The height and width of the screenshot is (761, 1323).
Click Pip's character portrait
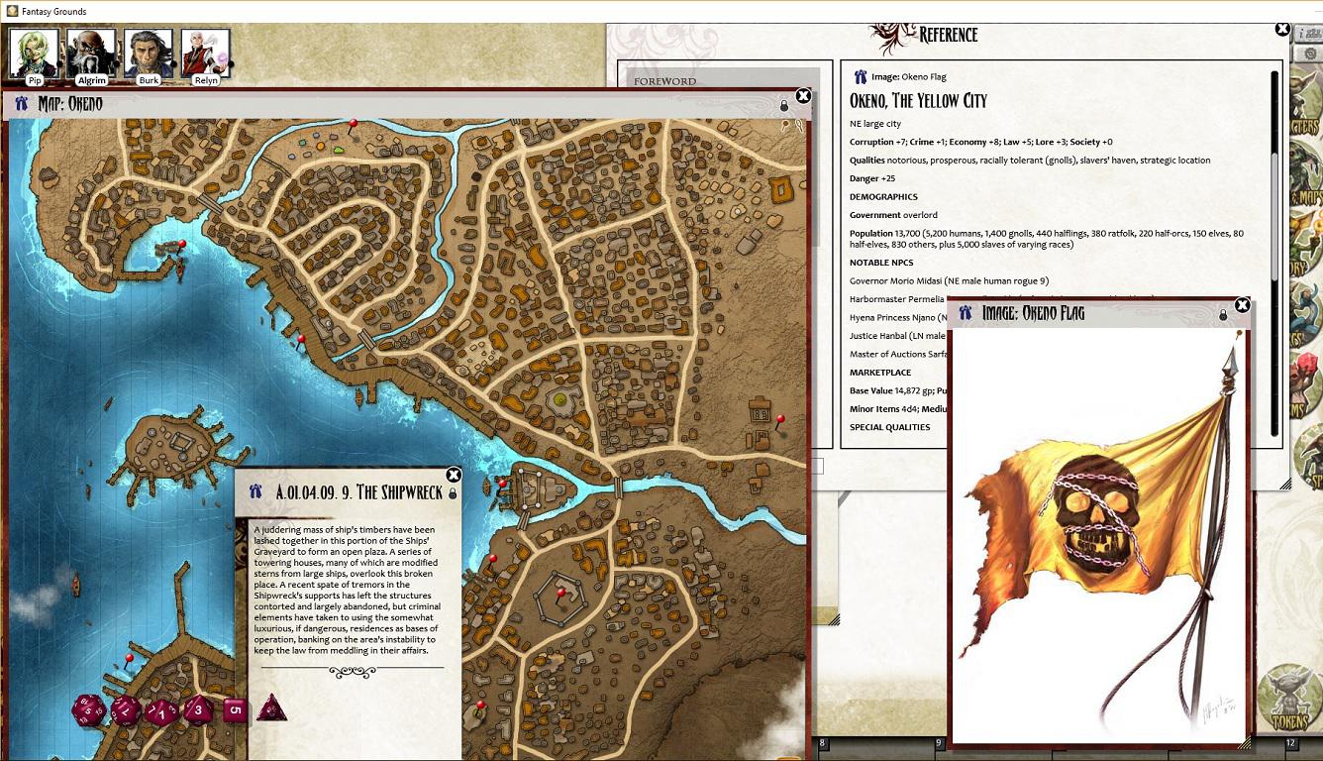pos(33,52)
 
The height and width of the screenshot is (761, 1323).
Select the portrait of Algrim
pos(91,52)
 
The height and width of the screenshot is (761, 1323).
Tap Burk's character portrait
pos(149,52)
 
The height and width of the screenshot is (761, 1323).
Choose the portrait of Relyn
pos(205,52)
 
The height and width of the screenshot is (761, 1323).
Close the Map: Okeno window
pos(803,96)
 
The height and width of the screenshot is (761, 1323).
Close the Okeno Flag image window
pos(1242,305)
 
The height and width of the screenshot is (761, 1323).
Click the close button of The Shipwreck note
pos(454,475)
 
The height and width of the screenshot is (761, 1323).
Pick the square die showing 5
pos(235,709)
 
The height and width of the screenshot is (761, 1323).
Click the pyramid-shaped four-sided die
pos(271,707)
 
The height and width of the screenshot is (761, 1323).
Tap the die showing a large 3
pos(198,709)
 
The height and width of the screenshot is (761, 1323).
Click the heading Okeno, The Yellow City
pos(918,100)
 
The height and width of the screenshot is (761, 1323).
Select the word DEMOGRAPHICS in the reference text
pos(883,197)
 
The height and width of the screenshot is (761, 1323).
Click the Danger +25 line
pos(871,178)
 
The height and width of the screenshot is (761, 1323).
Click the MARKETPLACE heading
pos(880,373)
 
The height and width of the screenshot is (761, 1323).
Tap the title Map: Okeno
pos(69,104)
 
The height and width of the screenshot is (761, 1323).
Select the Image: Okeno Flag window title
pos(1033,313)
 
